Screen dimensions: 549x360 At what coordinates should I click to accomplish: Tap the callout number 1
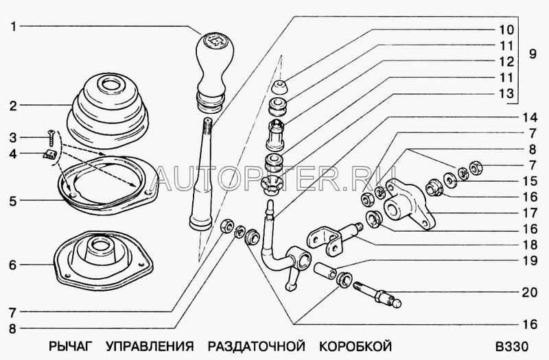pos(13,26)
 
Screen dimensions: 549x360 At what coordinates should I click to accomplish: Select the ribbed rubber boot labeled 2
pos(108,111)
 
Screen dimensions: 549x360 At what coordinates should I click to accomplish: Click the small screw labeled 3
pos(51,138)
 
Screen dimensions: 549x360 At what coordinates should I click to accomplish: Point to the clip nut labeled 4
pos(49,154)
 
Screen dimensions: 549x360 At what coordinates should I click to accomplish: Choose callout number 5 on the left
pos(13,202)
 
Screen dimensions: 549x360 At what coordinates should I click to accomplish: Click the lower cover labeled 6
pos(104,261)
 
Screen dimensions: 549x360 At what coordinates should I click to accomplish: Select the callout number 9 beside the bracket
pos(533,54)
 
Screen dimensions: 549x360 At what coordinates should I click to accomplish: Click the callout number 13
pos(506,93)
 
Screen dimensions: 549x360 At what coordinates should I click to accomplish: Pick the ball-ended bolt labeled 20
pos(377,295)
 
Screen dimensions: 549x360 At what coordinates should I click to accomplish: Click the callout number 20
pos(529,292)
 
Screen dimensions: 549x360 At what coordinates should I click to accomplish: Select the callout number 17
pos(529,213)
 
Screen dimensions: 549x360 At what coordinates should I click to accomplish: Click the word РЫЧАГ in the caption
pos(70,346)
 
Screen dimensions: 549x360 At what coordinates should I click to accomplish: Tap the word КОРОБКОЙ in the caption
pos(355,346)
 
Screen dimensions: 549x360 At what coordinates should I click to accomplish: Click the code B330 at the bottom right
pos(511,346)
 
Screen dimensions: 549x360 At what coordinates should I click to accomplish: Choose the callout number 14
pos(529,117)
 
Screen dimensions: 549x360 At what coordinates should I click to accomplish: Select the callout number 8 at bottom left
pos(13,329)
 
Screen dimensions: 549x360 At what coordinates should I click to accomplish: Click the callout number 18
pos(529,245)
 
